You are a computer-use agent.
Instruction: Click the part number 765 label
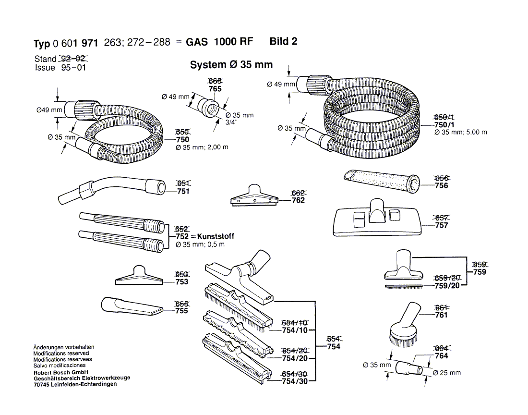click(x=215, y=89)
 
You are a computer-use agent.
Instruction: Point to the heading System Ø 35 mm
click(x=231, y=65)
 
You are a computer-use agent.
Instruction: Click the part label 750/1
click(x=444, y=125)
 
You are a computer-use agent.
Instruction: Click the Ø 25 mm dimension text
click(x=446, y=373)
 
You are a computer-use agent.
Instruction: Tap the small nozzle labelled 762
click(x=254, y=196)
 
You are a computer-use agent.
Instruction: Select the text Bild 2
click(x=283, y=41)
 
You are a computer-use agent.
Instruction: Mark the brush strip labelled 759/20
click(x=403, y=287)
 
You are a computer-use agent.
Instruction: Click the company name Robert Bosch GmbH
click(x=60, y=372)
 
